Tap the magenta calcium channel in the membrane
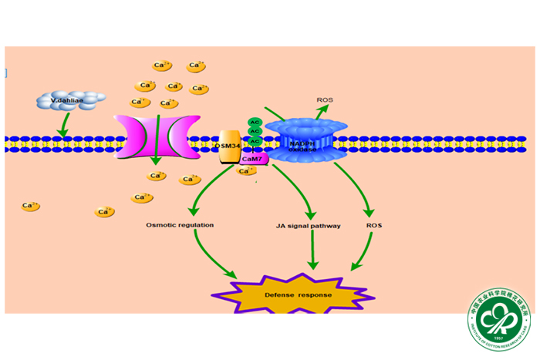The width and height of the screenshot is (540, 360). (151, 138)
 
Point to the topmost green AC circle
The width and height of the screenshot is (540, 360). (255, 123)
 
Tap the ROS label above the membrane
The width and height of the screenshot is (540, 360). (325, 100)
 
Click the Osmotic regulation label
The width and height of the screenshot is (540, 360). (180, 225)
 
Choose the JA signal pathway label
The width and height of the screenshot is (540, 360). (309, 226)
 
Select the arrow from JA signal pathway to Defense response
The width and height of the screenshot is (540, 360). (313, 251)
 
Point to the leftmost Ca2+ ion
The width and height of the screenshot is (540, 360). (31, 206)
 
